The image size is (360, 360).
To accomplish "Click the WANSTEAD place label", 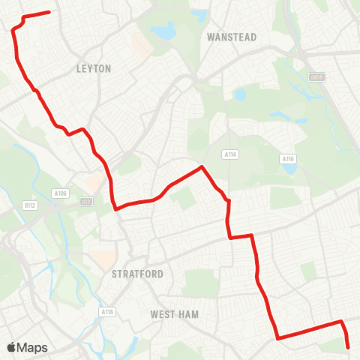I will click(231, 37).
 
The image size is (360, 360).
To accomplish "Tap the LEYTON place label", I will click(94, 68).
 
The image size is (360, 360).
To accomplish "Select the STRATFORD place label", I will click(137, 274).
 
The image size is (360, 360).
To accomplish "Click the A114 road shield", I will click(230, 154).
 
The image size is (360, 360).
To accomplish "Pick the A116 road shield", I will click(287, 159).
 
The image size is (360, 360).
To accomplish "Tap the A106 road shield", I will click(61, 193).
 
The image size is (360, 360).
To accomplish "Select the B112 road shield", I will click(30, 205).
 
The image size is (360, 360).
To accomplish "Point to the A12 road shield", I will click(87, 201).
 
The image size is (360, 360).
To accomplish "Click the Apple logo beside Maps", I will click(12, 347).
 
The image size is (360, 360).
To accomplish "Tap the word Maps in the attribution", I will click(33, 347).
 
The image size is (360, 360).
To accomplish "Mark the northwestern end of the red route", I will click(49, 12).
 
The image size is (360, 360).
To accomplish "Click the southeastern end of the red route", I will click(349, 347).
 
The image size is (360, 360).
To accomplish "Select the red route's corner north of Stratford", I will click(116, 209).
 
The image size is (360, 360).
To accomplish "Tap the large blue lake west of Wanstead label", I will click(163, 32).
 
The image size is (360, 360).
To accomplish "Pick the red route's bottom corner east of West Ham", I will click(277, 338).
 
